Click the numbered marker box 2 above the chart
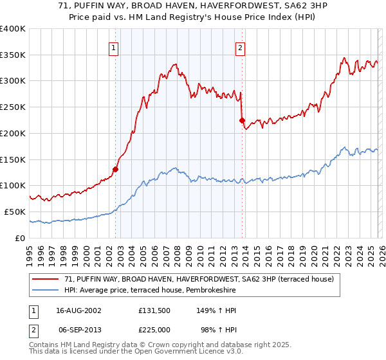[x=240, y=47]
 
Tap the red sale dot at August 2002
[x=116, y=169]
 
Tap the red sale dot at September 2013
[x=242, y=120]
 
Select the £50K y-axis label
[x=14, y=212]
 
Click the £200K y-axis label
[x=13, y=133]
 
